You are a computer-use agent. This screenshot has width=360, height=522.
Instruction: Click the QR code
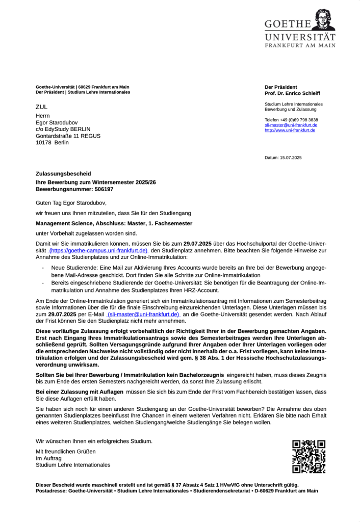pos(308,456)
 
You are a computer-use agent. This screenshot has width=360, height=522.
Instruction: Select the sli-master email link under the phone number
pos(291,125)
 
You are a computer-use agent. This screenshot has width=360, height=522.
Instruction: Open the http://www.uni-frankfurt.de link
pos(290,130)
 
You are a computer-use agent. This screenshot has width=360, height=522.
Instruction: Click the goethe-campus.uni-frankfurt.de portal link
pos(98,251)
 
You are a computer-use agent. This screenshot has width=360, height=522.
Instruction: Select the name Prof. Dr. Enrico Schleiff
pos(292,93)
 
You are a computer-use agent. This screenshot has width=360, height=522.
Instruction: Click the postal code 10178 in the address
pos(43,143)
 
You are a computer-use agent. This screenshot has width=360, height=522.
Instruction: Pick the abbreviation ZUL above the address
pos(41,107)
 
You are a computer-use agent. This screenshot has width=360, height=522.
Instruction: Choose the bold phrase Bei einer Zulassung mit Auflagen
pos(80,391)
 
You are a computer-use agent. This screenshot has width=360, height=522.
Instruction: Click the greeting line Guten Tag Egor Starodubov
pos(71,202)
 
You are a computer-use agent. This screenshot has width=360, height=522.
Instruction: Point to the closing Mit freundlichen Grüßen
pos(65,452)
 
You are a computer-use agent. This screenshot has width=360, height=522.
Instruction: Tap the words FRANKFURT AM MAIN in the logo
pos(300,45)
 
